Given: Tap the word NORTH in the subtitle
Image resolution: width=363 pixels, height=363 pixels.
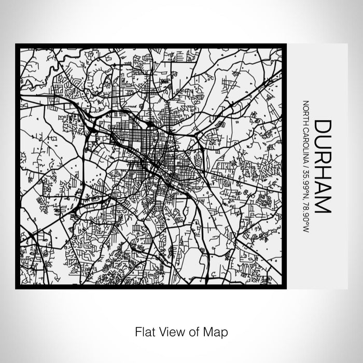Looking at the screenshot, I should coord(306,111).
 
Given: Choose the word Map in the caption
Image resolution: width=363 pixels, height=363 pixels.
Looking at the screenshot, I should coord(215,330).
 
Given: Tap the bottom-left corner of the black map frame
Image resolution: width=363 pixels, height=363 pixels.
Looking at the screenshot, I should coord(17,288).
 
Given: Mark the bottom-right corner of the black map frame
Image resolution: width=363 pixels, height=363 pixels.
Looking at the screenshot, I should coord(286,288).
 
